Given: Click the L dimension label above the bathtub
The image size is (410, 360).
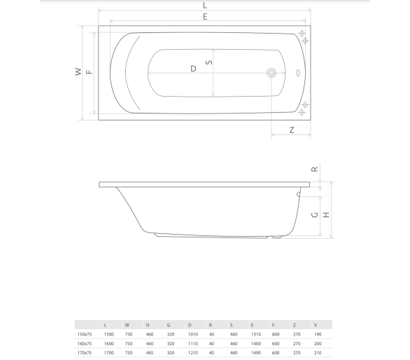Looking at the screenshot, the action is point(205,5).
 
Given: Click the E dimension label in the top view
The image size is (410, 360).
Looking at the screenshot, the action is point(205,17).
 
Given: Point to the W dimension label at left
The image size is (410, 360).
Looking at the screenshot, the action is point(78,71).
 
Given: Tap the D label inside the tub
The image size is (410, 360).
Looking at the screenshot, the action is point(193,69).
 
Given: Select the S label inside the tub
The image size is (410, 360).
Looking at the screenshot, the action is point(209,62).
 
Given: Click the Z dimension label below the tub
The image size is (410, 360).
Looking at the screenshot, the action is point(292,130).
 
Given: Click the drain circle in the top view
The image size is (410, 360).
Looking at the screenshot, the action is point(271,73).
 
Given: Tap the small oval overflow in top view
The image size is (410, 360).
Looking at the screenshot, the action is point(298,73).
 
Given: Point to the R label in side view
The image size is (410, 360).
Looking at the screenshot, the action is point(315,169).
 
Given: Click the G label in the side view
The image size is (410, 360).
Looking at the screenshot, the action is point(315,215).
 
